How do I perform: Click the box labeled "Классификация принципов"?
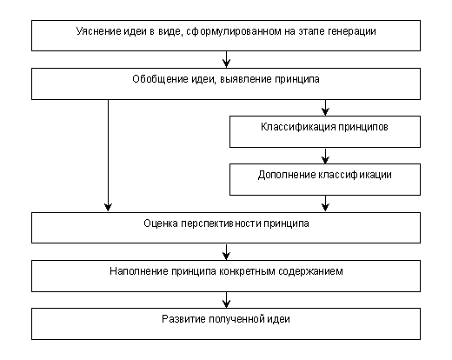[x=325, y=132]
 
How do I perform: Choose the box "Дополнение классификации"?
[x=325, y=179]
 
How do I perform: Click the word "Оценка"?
[x=161, y=223]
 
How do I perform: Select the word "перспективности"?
[x=221, y=224]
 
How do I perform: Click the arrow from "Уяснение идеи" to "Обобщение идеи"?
[x=226, y=59]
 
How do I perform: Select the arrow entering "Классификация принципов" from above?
[x=325, y=108]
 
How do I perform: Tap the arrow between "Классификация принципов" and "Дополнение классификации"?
[x=325, y=156]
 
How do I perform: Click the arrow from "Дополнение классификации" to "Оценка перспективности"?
[x=325, y=203]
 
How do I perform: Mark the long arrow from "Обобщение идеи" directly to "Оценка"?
[x=108, y=156]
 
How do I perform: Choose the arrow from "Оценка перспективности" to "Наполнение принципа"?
[x=226, y=251]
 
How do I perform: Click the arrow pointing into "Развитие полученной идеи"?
[x=226, y=300]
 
